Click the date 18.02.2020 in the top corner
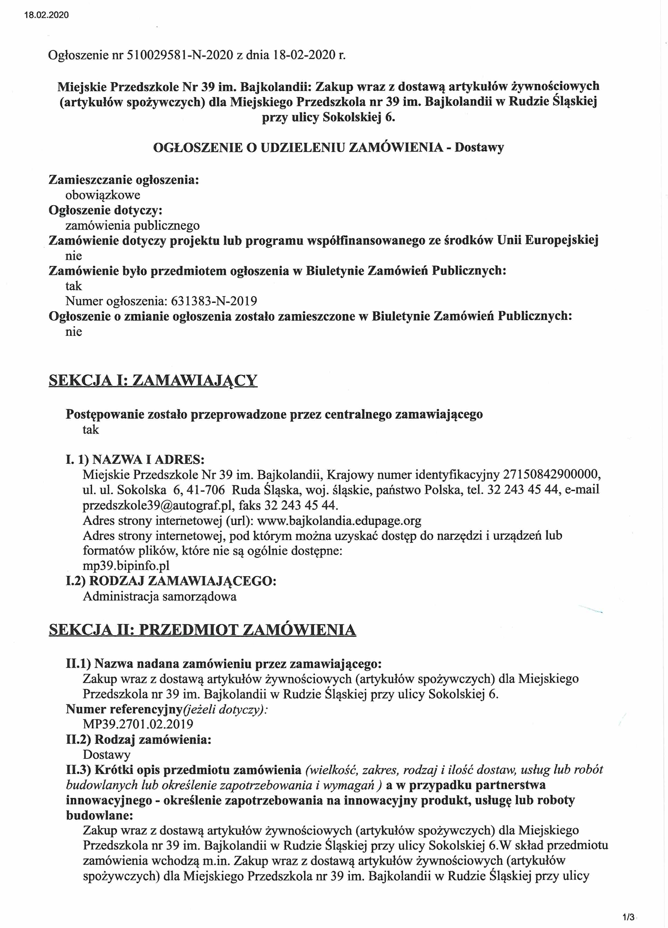click(46, 15)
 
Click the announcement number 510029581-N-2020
click(180, 55)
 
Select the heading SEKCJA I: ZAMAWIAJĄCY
click(153, 380)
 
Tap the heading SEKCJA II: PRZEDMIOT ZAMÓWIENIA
click(202, 629)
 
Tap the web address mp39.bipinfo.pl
click(126, 565)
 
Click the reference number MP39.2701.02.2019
click(138, 724)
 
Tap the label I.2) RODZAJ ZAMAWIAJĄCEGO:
click(171, 581)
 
